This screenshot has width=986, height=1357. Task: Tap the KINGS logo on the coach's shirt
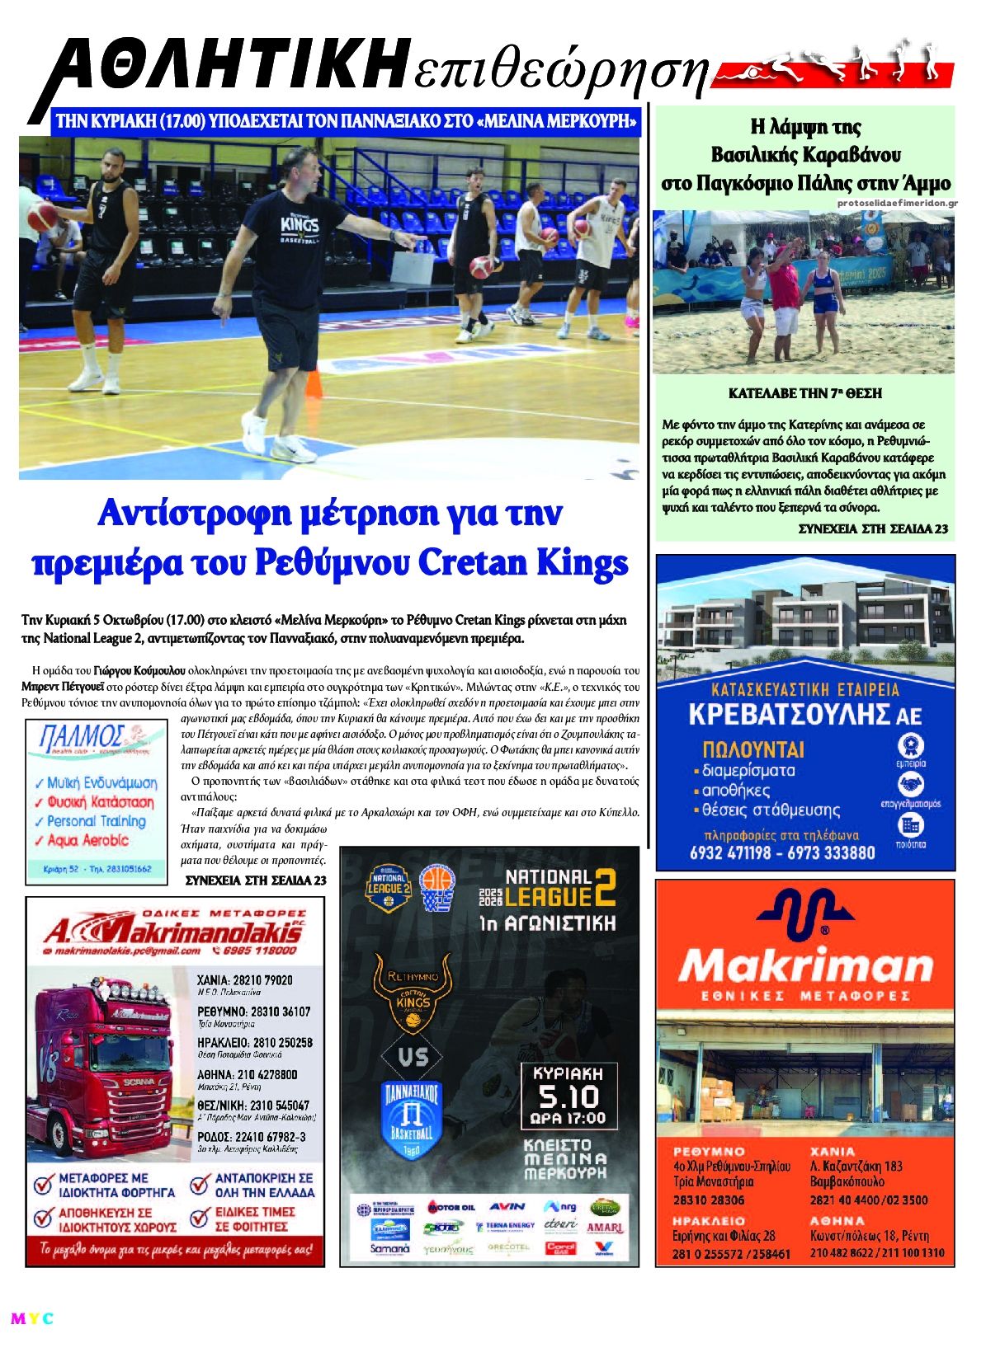point(300,226)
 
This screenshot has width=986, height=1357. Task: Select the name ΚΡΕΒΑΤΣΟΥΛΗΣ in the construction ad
point(793,714)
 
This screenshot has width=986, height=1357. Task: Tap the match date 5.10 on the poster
point(568,1096)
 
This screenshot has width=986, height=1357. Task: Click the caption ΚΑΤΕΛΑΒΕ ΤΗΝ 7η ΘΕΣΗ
point(804,394)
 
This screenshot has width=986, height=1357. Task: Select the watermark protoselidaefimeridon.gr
point(897,203)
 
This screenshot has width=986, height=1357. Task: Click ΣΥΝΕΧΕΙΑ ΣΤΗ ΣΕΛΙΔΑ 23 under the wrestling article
point(873,528)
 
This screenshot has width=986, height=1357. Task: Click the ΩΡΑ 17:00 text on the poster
point(568,1119)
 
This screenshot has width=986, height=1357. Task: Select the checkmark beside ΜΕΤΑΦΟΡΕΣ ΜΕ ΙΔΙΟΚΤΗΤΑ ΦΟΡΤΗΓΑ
point(45,1186)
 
